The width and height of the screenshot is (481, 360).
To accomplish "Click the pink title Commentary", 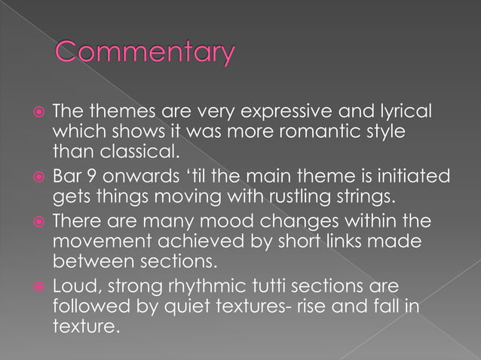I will (145, 53).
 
